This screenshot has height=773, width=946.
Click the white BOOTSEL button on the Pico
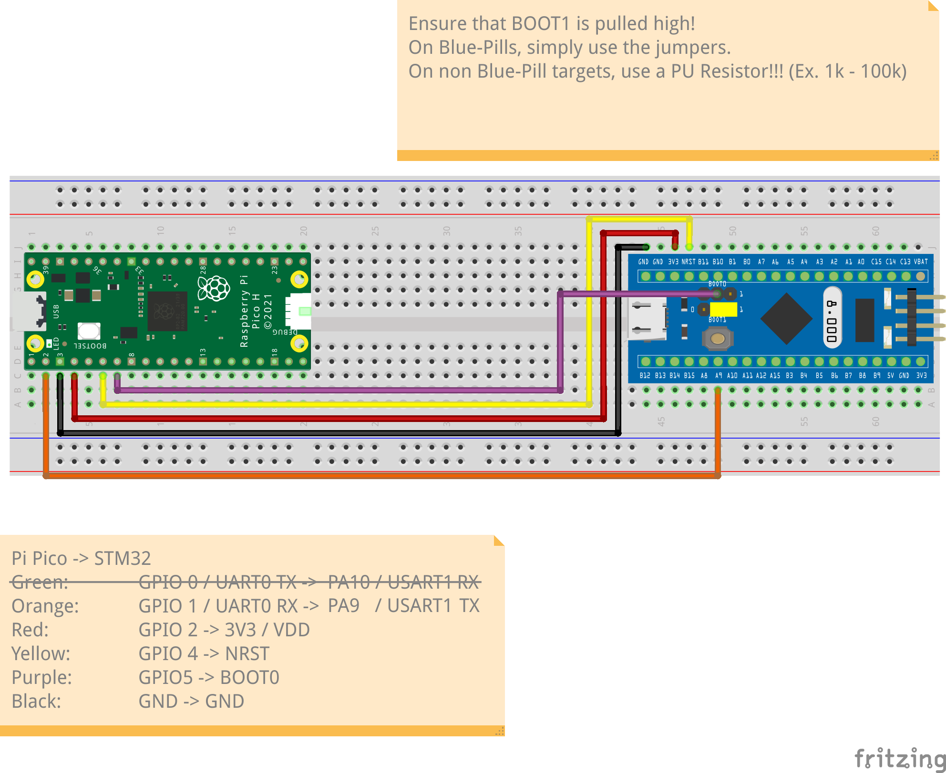(x=89, y=331)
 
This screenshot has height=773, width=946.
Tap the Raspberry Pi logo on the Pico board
(x=215, y=288)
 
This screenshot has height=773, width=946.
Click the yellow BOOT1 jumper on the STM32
(x=723, y=310)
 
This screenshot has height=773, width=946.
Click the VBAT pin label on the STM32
(x=921, y=261)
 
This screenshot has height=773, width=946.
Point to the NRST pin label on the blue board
(x=688, y=261)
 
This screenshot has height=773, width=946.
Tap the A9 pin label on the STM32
(x=719, y=376)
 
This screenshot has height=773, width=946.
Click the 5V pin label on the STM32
(x=890, y=376)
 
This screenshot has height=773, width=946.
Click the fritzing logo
(x=899, y=758)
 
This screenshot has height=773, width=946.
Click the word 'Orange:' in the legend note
(x=45, y=606)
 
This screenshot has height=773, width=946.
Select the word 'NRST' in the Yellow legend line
(x=247, y=653)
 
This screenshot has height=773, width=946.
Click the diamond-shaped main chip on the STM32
(x=786, y=319)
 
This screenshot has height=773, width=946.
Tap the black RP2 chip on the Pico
(x=167, y=311)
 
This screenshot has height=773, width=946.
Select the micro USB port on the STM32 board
(x=647, y=319)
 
